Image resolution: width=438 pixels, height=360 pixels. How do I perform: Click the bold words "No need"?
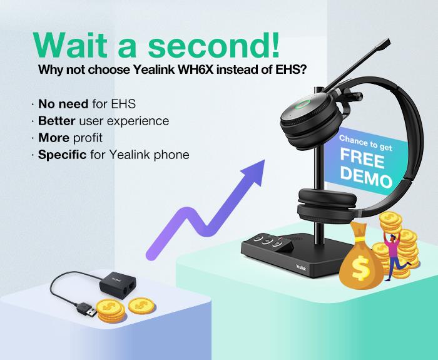coord(63,104)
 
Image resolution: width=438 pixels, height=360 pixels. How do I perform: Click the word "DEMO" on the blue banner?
coord(367,177)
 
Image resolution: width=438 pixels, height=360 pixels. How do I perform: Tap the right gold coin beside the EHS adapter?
coord(141,306)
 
